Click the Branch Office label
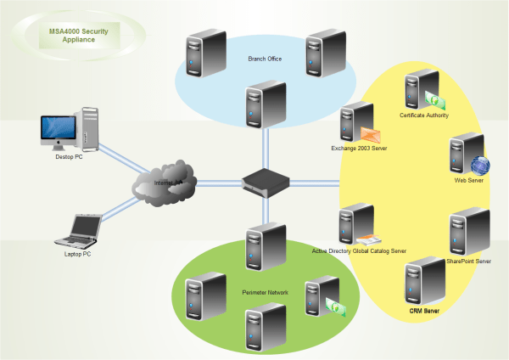click(264, 59)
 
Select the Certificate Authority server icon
click(418, 91)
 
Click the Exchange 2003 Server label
click(359, 149)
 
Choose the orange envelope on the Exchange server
click(372, 134)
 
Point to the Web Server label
click(469, 182)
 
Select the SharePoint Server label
click(469, 262)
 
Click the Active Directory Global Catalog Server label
click(359, 251)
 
